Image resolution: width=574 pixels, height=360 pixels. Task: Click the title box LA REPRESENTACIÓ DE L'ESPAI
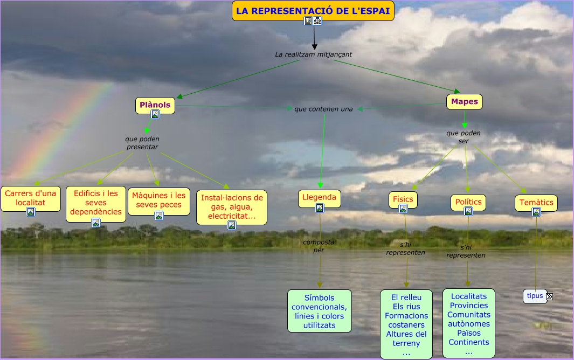click(313, 10)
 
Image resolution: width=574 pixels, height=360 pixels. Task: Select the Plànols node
click(155, 105)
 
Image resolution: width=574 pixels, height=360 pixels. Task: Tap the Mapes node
click(464, 101)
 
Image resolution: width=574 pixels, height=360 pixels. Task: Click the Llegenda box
click(319, 197)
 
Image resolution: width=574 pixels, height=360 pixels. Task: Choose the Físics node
click(403, 199)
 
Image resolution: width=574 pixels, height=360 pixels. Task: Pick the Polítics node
click(468, 202)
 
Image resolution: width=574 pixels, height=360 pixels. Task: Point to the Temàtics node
click(536, 202)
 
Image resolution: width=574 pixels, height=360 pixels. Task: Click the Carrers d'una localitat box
click(30, 198)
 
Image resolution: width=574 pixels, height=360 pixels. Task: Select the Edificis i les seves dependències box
click(96, 202)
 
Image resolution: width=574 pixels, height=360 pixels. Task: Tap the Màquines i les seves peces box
click(159, 200)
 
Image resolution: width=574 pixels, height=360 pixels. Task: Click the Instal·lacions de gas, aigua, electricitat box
click(232, 206)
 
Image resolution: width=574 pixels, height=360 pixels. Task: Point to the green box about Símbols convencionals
click(319, 311)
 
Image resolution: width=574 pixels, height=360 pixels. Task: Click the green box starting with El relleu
click(406, 324)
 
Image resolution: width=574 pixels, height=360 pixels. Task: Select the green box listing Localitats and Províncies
click(469, 323)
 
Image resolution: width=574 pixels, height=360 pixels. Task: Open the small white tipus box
click(535, 296)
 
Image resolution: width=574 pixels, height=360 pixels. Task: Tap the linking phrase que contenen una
click(323, 109)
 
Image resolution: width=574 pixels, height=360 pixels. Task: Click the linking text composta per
click(319, 246)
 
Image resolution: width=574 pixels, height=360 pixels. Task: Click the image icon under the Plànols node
click(155, 114)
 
